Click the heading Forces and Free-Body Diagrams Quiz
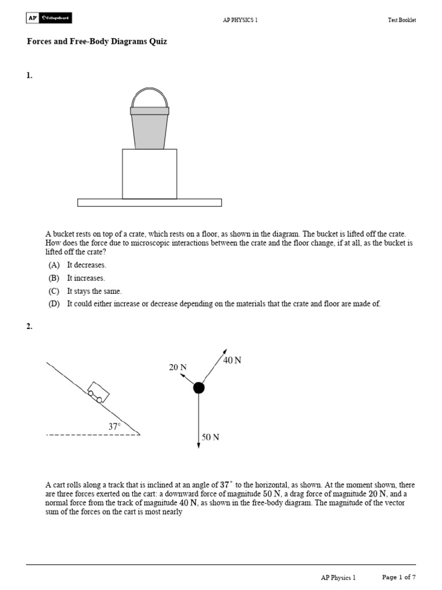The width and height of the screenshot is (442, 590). coord(97,42)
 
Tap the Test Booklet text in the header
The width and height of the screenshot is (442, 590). coord(401,20)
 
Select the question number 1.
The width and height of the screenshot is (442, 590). coord(29,75)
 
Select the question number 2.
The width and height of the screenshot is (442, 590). coord(29,327)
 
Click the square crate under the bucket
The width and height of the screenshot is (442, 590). coord(149,173)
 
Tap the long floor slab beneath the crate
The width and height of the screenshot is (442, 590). coord(149,202)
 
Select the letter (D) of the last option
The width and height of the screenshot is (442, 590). coord(54,304)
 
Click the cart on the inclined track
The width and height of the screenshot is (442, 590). coord(98,392)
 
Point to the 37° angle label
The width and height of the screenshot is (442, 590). coord(115,426)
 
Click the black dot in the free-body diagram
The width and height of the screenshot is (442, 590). coord(199,387)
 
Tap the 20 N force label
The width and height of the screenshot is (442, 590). coord(178,367)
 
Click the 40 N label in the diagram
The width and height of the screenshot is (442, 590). coord(232,360)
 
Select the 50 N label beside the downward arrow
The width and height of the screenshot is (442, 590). coord(210,437)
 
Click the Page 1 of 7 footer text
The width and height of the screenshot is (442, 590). coord(399,577)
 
